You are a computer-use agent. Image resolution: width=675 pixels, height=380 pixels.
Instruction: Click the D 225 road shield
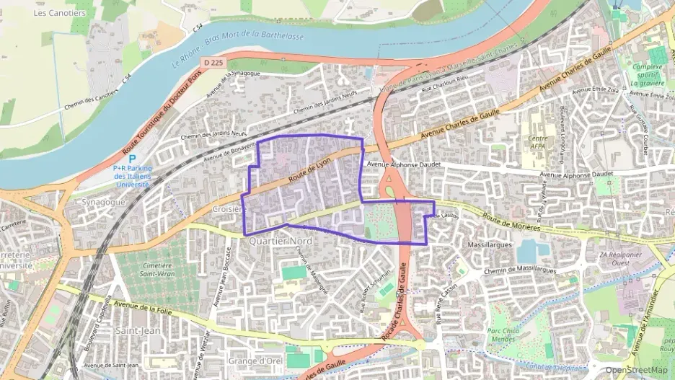click(212, 63)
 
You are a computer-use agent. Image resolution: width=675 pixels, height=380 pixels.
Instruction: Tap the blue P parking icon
click(132, 159)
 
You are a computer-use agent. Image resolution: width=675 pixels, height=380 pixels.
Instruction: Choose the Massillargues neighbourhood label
click(490, 245)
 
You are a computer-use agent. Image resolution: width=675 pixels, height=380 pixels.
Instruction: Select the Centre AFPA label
click(537, 141)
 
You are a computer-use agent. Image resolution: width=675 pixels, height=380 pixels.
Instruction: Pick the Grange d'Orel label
click(255, 361)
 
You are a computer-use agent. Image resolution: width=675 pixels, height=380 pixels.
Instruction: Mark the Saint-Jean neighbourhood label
click(133, 331)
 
